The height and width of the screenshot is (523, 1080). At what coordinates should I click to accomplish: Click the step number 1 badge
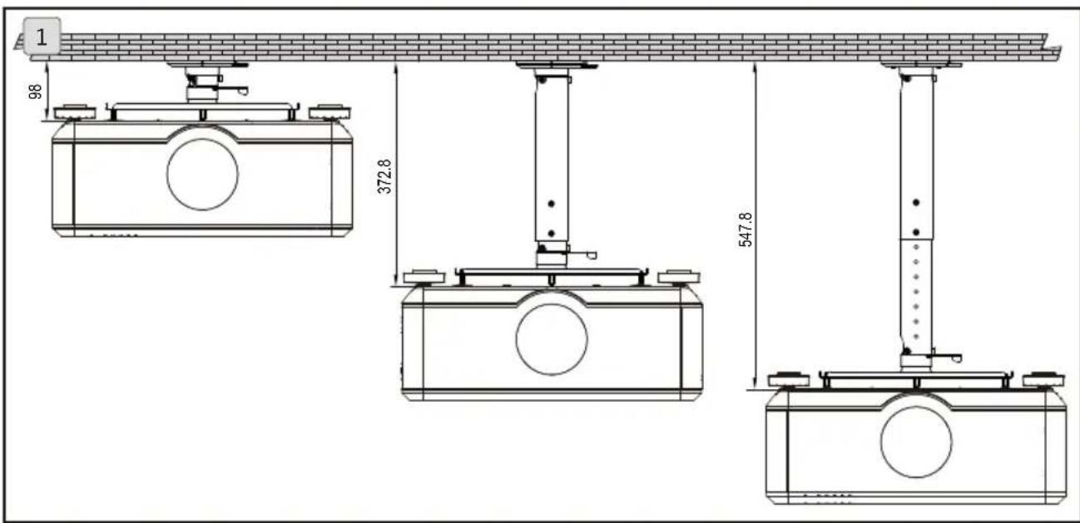click(42, 37)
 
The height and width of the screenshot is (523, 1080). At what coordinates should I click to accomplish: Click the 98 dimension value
click(35, 91)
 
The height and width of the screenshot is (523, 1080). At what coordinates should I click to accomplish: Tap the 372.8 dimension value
click(384, 176)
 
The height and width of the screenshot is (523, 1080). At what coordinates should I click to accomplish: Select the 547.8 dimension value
click(746, 229)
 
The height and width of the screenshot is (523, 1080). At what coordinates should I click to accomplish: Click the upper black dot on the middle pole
click(552, 204)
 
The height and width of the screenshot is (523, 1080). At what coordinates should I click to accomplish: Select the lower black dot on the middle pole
click(552, 234)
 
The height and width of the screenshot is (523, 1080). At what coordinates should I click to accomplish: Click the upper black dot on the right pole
click(916, 202)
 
